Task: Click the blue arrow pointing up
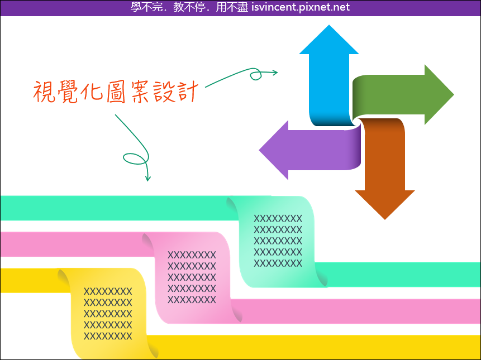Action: click(x=329, y=76)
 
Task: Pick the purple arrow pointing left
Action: click(x=310, y=150)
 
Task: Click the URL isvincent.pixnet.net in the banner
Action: click(x=301, y=7)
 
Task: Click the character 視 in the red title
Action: click(x=44, y=92)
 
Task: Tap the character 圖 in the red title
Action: click(x=116, y=92)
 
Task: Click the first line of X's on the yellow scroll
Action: click(x=108, y=291)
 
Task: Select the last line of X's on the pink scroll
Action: click(x=192, y=299)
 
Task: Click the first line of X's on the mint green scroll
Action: click(x=278, y=218)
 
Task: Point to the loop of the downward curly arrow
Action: click(x=136, y=159)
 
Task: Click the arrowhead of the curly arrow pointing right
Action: click(x=274, y=73)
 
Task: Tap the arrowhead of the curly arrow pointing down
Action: click(x=148, y=178)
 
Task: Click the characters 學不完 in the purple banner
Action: click(x=146, y=7)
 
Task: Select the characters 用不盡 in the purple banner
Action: click(x=232, y=7)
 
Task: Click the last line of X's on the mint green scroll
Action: click(x=278, y=263)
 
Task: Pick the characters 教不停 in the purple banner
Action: click(x=189, y=7)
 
